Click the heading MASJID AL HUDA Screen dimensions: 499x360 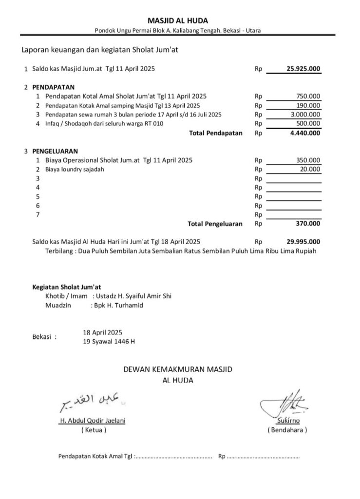pos(178,20)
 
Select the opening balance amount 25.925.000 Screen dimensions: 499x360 pos(303,69)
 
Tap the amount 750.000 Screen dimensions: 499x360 pos(308,96)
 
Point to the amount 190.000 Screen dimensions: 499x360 pos(308,105)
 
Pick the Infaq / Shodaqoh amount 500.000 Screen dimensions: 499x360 pos(308,123)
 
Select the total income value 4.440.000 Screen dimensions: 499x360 pos(304,133)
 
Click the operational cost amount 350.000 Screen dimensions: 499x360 pos(308,160)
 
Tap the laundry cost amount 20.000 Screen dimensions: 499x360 pos(310,169)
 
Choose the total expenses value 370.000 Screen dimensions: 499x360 pos(308,224)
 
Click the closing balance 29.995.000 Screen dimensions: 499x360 pos(303,241)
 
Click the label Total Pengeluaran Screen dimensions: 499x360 pos(215,224)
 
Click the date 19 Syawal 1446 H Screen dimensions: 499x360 pos(110,342)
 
